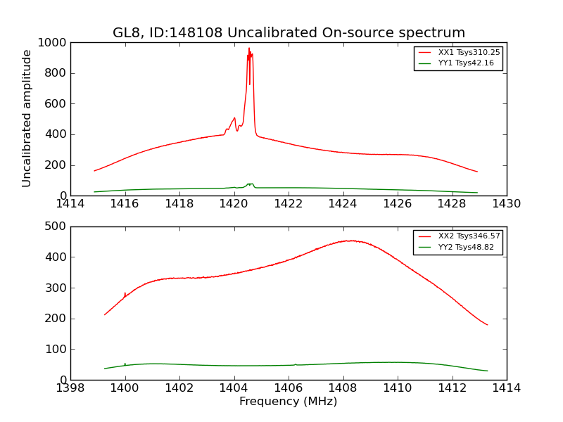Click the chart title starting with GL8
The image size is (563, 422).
tap(289, 33)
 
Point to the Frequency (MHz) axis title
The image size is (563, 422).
tap(288, 402)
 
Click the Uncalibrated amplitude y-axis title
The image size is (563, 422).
tap(27, 118)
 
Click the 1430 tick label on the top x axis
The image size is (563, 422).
tap(506, 204)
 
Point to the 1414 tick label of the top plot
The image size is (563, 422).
tap(71, 204)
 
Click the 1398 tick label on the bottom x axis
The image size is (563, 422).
tap(71, 388)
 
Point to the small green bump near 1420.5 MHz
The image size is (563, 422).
tap(250, 184)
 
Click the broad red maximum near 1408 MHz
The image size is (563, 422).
tap(350, 241)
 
